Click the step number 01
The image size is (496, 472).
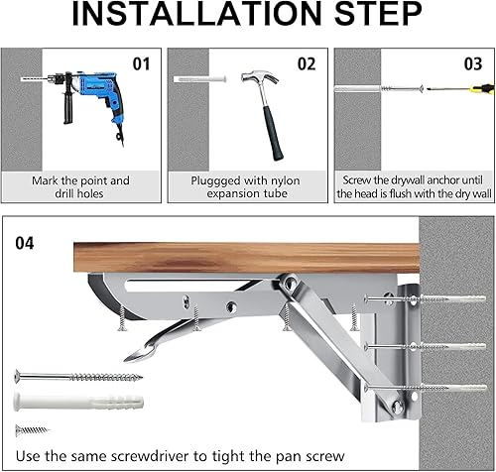[141, 64]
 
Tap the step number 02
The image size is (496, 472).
[307, 64]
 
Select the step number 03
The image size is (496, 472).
[473, 64]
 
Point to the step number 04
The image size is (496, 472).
[25, 243]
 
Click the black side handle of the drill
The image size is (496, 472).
[67, 106]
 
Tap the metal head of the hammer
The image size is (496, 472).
[259, 77]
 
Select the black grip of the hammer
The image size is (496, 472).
[274, 134]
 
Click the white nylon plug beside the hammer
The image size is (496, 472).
[200, 79]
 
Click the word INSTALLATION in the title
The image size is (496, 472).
[196, 14]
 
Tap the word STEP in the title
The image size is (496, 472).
[378, 14]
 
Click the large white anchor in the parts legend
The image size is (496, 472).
[78, 401]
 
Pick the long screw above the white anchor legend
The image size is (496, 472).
[78, 377]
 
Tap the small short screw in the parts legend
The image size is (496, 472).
[32, 430]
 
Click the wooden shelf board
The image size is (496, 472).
[246, 258]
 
